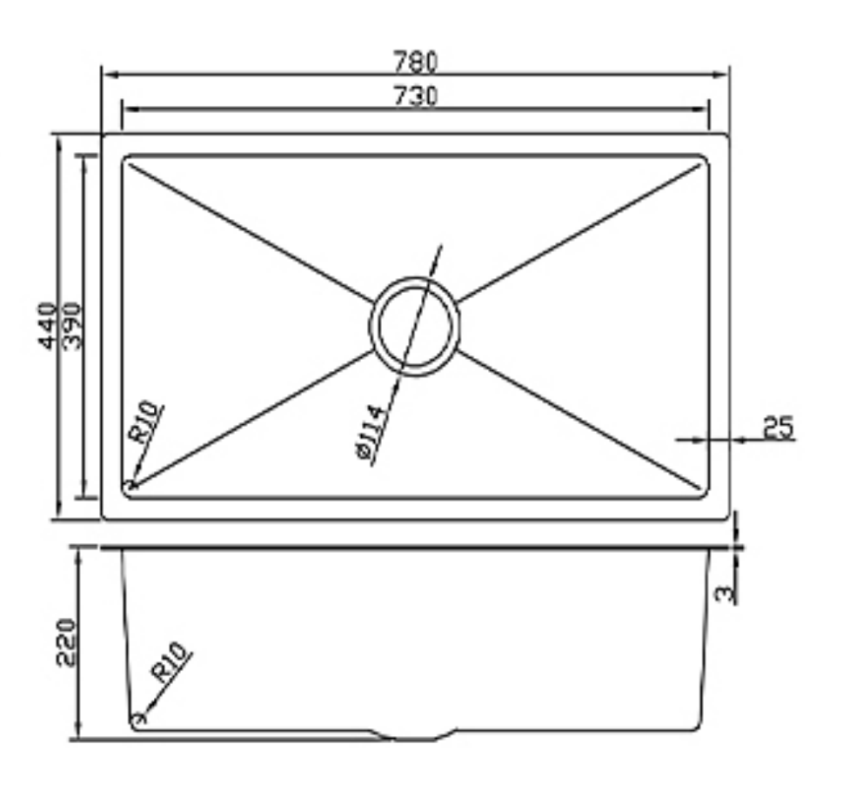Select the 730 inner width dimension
coord(415,96)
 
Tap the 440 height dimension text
coord(47,325)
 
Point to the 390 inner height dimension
coord(72,325)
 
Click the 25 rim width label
coord(778,427)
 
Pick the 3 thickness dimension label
coord(725,593)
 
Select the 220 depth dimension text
coord(67,641)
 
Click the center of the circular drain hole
coord(415,326)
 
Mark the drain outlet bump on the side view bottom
coord(415,735)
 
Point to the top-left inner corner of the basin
coord(127,161)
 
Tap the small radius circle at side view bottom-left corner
coord(136,720)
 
